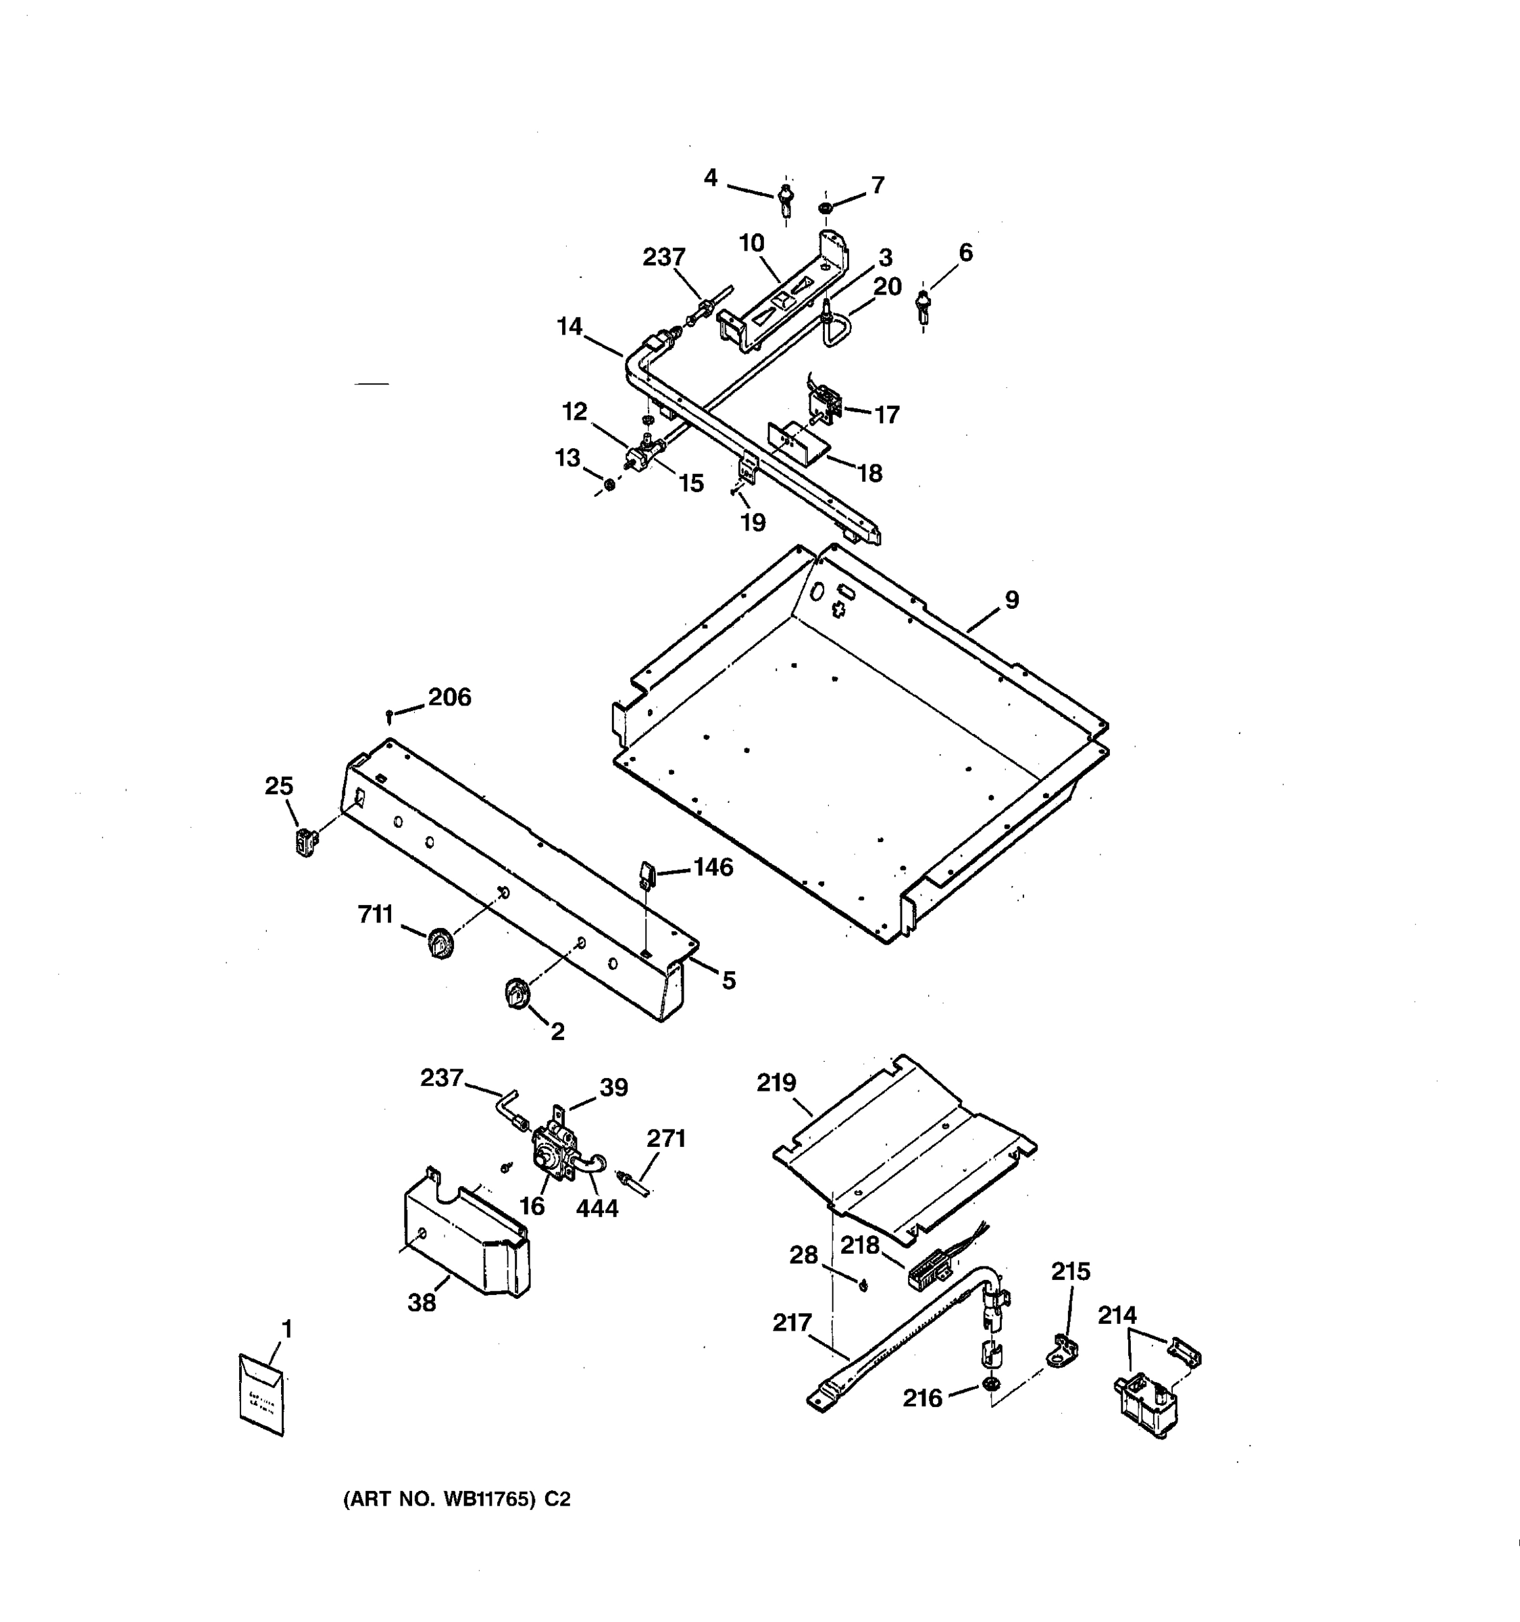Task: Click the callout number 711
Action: (x=376, y=914)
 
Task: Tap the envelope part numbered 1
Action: (x=261, y=1394)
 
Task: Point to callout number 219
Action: (x=776, y=1083)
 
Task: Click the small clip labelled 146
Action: (x=647, y=874)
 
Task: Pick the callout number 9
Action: (x=1011, y=599)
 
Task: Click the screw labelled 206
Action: (x=390, y=716)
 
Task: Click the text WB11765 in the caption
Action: (x=487, y=1499)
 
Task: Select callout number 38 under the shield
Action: (x=422, y=1303)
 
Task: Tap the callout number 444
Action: (x=597, y=1208)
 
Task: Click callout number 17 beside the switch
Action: (x=886, y=414)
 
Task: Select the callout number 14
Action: (x=569, y=326)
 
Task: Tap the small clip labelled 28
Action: (x=863, y=1286)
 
